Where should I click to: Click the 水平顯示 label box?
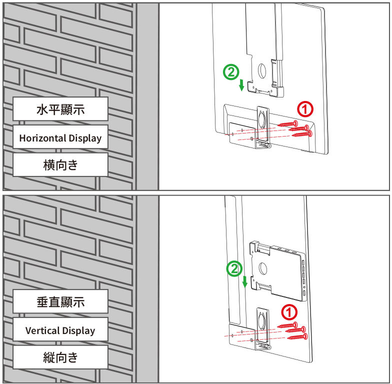[60, 109]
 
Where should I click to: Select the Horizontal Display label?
[60, 137]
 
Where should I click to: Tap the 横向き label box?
[60, 165]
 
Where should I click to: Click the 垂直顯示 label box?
[60, 301]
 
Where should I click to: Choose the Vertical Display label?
[60, 330]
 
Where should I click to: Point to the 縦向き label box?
[60, 357]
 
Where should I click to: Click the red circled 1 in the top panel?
[305, 109]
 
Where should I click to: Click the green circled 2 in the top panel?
[231, 72]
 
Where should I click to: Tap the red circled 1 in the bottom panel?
[289, 312]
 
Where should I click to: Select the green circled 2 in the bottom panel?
[234, 269]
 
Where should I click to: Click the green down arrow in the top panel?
[241, 85]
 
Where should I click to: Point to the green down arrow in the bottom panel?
[245, 282]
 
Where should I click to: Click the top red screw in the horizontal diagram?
[287, 123]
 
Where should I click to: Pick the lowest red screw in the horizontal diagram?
[302, 134]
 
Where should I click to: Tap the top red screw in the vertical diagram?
[287, 325]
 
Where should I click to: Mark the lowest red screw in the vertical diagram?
[297, 337]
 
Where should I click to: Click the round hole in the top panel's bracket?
[262, 71]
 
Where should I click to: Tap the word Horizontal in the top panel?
[42, 138]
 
